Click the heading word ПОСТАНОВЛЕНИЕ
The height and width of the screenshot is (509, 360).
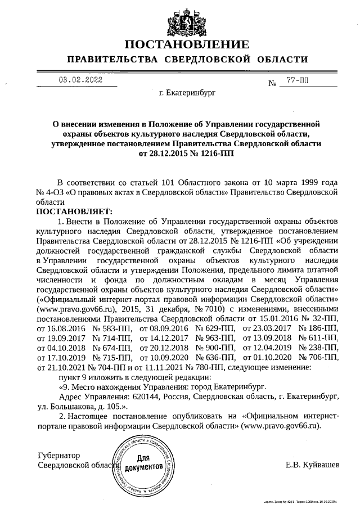[186, 44]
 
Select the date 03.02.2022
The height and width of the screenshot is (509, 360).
[81, 80]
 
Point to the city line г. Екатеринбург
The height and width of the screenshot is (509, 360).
[187, 92]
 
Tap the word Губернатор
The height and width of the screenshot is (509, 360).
[58, 455]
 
